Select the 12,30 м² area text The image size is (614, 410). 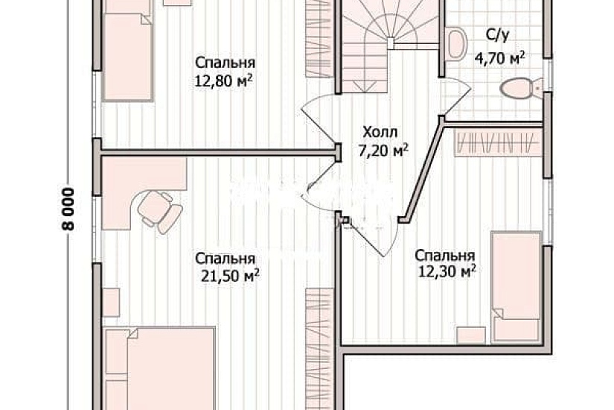[x=446, y=272]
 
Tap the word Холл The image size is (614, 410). [x=376, y=133]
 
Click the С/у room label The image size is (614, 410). [x=497, y=34]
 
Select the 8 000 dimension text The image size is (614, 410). [x=68, y=212]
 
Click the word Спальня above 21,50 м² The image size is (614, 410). [x=226, y=259]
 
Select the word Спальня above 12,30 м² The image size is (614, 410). [x=445, y=255]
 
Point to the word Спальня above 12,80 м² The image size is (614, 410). [x=226, y=63]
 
